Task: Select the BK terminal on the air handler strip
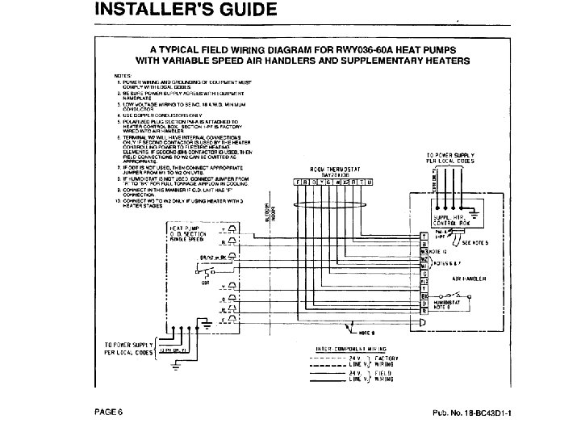point(424,296)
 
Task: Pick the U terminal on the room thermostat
point(370,182)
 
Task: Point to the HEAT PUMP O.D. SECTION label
point(188,234)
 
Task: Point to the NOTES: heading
point(123,75)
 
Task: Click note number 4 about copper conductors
point(153,114)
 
